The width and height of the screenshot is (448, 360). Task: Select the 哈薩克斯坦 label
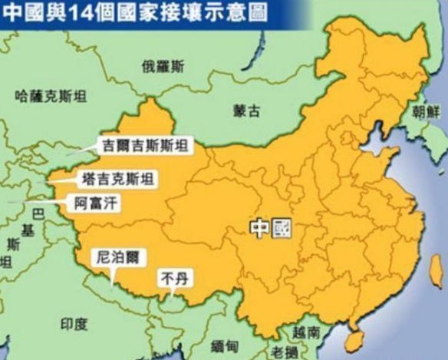[x=44, y=96]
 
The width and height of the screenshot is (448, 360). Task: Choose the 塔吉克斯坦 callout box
[x=117, y=180]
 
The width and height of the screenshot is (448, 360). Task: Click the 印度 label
[x=74, y=322]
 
